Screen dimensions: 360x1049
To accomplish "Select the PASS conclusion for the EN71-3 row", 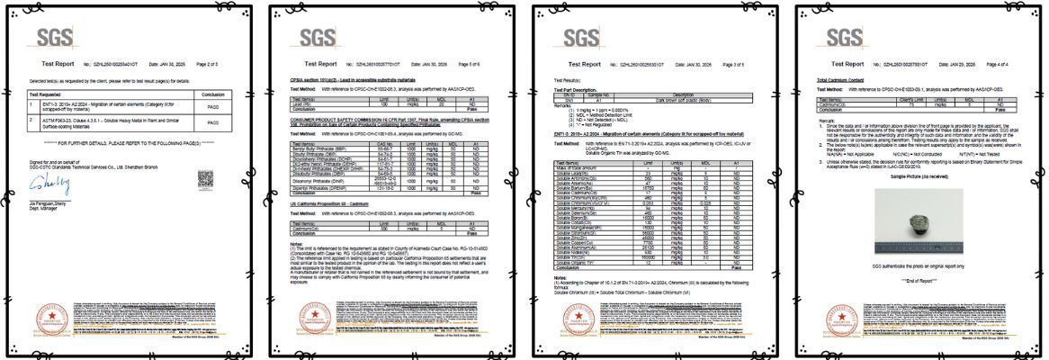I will pyautogui.click(x=213, y=105).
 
